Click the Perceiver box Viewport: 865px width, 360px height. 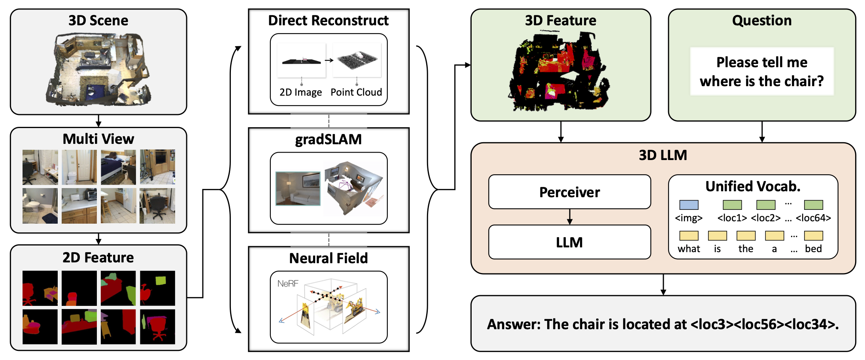pyautogui.click(x=569, y=192)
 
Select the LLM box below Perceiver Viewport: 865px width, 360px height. pyautogui.click(x=569, y=242)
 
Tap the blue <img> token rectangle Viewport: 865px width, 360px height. pyautogui.click(x=689, y=205)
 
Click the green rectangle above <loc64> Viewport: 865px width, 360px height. pyautogui.click(x=813, y=205)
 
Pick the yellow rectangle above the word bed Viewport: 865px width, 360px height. pyautogui.click(x=813, y=236)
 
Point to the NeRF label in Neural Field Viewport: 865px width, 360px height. pyautogui.click(x=287, y=283)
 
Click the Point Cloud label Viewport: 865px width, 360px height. pyautogui.click(x=356, y=92)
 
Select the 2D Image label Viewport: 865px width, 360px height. pyautogui.click(x=300, y=92)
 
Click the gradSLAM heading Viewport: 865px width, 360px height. pyautogui.click(x=328, y=139)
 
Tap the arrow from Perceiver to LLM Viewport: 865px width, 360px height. pyautogui.click(x=569, y=217)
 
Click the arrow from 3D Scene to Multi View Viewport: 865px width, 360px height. pyautogui.click(x=98, y=121)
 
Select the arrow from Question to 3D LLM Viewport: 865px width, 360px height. pyautogui.click(x=762, y=132)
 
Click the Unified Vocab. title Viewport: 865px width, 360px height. pyautogui.click(x=753, y=186)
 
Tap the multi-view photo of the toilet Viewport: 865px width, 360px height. pyautogui.click(x=40, y=206)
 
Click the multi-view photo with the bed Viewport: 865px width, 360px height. pyautogui.click(x=118, y=167)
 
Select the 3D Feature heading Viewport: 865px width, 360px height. pyautogui.click(x=560, y=20)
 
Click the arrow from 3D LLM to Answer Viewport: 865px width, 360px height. pyautogui.click(x=663, y=285)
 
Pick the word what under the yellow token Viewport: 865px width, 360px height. pyautogui.click(x=689, y=249)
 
